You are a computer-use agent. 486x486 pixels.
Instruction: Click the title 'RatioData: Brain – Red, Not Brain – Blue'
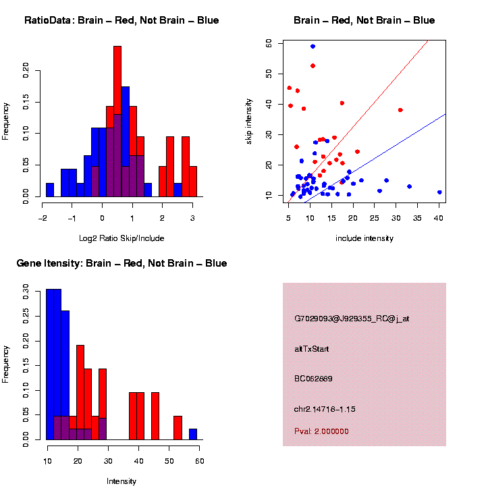[122, 20]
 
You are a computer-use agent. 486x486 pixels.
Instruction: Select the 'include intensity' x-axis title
[364, 238]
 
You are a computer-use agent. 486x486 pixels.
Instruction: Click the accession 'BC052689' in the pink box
[313, 379]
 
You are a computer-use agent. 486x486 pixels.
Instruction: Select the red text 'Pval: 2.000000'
[321, 431]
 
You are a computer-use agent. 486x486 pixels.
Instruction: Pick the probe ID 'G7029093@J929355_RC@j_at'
[352, 319]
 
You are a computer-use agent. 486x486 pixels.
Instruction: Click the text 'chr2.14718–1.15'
[325, 409]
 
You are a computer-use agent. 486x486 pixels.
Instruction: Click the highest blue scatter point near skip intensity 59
[313, 47]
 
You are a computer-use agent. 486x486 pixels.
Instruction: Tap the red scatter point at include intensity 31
[400, 110]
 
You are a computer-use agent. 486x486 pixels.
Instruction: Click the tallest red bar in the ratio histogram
[117, 122]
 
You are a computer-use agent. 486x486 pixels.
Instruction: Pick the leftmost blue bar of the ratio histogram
[50, 190]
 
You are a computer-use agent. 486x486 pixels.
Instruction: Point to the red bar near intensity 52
[178, 427]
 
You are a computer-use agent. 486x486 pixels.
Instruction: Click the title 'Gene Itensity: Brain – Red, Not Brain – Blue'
[122, 263]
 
